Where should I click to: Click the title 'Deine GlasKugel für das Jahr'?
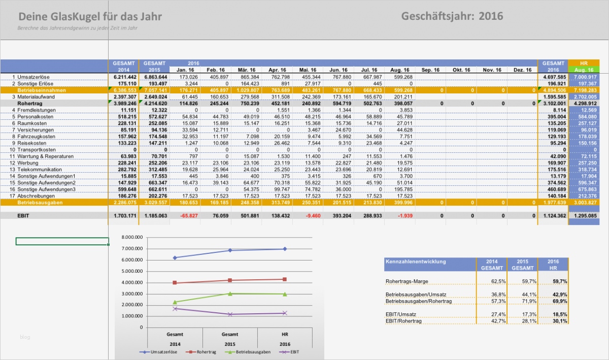point(90,17)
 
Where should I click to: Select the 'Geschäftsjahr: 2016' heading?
point(452,16)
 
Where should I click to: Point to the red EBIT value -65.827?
point(185,215)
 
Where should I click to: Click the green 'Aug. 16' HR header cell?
point(584,70)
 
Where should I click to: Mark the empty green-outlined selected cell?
point(62,241)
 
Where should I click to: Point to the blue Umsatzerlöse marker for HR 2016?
point(285,249)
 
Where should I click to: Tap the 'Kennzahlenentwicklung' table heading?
point(416,261)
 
